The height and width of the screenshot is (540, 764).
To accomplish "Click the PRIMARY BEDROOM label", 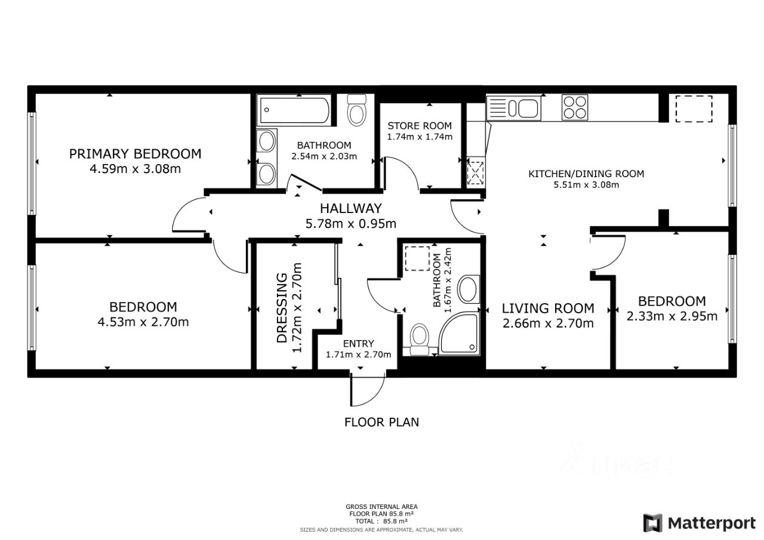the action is [x=135, y=154].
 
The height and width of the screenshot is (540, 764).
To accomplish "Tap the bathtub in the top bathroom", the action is [x=294, y=110].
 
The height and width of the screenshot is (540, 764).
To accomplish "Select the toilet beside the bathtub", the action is [x=357, y=110].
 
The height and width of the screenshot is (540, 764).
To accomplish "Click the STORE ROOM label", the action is [x=420, y=126].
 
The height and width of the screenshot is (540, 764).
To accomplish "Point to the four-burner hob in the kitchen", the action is [x=575, y=107].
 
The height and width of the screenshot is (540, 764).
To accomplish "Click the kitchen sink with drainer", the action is [x=514, y=108].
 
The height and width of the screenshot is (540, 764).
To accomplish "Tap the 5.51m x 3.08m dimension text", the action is [x=586, y=185].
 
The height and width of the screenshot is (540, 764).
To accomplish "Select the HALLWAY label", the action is [x=350, y=208].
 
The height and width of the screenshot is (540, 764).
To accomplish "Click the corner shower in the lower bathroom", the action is [x=460, y=333].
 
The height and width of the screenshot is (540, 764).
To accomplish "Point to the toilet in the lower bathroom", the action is [x=419, y=339].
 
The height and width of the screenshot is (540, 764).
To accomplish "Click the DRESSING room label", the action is [x=282, y=307].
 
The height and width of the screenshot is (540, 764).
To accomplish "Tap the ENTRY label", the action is [x=358, y=343].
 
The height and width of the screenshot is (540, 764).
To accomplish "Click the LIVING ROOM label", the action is [x=548, y=308].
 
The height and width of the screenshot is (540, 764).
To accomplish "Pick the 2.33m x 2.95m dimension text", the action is [x=672, y=316].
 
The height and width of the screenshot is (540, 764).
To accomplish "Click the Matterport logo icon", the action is [x=652, y=523].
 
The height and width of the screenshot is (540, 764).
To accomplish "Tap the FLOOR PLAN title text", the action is [x=381, y=422].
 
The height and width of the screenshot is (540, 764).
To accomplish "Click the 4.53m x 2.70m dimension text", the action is [x=143, y=322].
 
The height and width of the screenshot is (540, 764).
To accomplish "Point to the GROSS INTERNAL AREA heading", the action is [x=381, y=507].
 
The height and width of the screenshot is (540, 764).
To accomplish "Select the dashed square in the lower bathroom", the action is [x=417, y=259].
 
